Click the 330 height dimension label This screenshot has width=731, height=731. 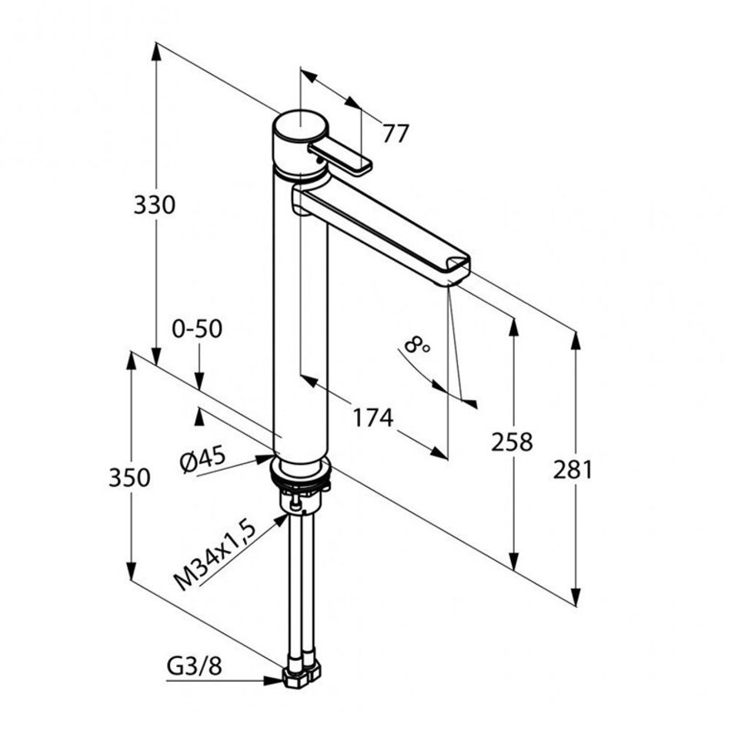coord(155,205)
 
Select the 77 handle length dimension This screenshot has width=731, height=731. coord(396,133)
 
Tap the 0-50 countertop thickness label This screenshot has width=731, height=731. coord(197,329)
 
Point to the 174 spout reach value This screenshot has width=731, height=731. coord(373,418)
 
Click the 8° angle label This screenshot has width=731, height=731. coord(417,346)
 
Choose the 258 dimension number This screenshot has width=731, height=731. coord(512,442)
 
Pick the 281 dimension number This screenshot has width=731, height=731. coord(573,469)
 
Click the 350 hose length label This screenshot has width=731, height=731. coord(129,478)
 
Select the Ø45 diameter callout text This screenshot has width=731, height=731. coord(203,459)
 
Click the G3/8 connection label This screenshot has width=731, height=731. coord(194,668)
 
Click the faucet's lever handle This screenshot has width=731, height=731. coord(340,158)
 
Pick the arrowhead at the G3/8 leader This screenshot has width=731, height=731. coord(274,681)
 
